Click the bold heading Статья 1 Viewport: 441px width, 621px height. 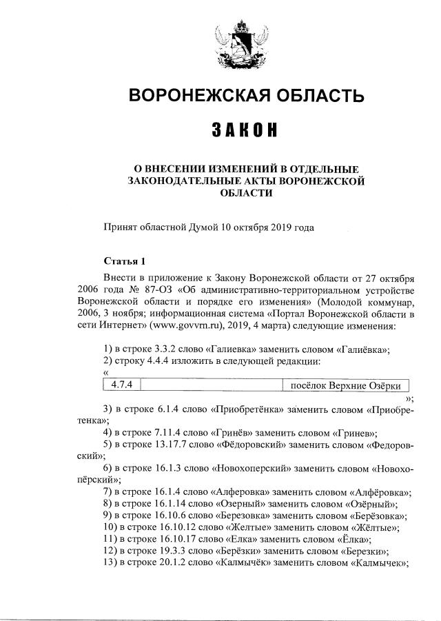click(124, 261)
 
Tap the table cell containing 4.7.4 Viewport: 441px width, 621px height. click(121, 384)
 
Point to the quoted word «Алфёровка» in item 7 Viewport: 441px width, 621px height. click(380, 491)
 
